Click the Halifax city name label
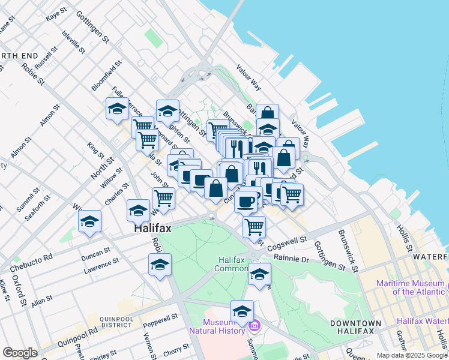(x=152, y=229)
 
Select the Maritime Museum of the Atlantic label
(x=411, y=287)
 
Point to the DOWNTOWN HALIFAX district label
(x=355, y=328)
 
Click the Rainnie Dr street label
(x=291, y=258)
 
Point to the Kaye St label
(x=57, y=14)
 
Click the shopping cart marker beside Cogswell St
(x=255, y=227)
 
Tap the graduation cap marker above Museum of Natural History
(x=242, y=311)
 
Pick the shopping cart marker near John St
(x=163, y=197)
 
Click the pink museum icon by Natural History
(x=254, y=326)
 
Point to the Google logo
(x=20, y=353)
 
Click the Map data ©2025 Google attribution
(x=412, y=355)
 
